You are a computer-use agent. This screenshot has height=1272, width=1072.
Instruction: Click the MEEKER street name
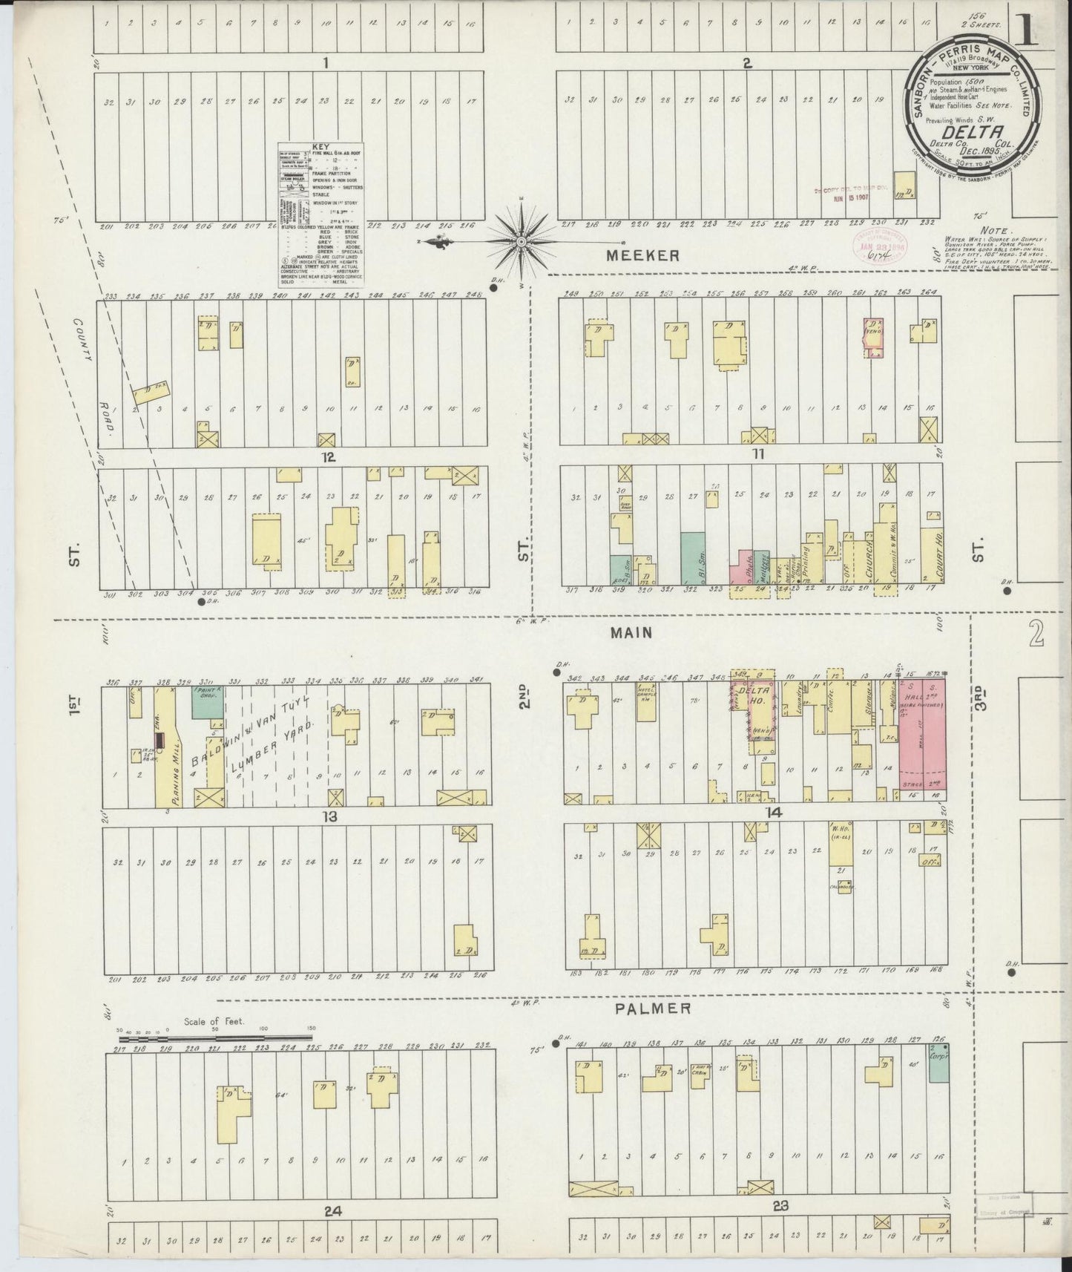[642, 255]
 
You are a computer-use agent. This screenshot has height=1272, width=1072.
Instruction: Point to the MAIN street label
[631, 633]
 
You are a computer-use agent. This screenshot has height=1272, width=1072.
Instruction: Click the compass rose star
[522, 241]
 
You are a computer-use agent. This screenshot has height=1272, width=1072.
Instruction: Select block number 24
[332, 1211]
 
